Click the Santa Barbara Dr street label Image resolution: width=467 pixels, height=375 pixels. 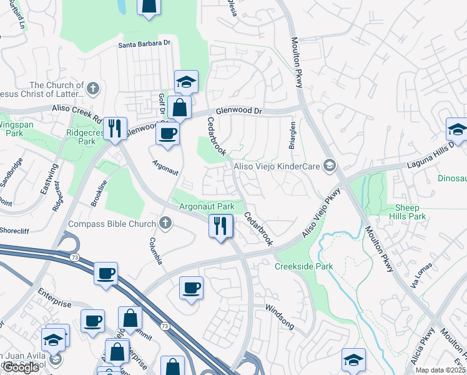145,45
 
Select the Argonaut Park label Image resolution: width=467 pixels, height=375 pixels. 207,206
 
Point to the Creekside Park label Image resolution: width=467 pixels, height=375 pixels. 304,266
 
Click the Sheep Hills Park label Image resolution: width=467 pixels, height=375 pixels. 410,212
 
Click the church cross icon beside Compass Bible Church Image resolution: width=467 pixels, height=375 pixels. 165,222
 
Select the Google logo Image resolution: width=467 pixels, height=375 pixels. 21,367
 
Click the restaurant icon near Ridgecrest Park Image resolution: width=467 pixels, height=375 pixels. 114,129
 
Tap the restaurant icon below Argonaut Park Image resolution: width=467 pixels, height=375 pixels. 220,226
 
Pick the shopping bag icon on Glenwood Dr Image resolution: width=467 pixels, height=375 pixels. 180,107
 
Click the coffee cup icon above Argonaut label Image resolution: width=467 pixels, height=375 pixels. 167,133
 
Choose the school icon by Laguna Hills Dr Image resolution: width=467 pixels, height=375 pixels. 457,130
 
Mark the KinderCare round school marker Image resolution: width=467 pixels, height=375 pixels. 330,166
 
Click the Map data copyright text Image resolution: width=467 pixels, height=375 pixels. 441,370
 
